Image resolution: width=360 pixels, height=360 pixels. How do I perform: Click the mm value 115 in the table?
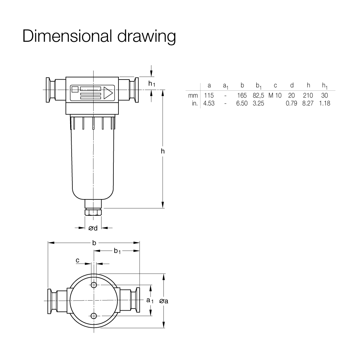[x=209, y=95]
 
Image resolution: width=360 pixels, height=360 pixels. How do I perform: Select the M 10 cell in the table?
[x=275, y=95]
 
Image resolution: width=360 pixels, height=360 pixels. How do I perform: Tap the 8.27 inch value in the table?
[x=308, y=103]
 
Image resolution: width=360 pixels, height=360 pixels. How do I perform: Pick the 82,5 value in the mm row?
[x=258, y=95]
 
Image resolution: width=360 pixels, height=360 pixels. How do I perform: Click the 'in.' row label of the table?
[x=195, y=103]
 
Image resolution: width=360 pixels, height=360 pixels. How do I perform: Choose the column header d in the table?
[x=292, y=85]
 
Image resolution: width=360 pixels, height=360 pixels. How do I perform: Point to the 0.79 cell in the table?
[x=291, y=103]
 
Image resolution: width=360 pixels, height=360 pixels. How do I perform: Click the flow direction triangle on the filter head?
[x=108, y=93]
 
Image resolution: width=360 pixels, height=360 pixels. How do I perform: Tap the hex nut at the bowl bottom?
[x=93, y=212]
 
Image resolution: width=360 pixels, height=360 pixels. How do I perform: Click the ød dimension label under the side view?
[x=93, y=228]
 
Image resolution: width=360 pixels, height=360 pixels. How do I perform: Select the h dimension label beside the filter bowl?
[x=163, y=151]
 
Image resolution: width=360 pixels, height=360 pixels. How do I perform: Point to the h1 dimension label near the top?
[x=152, y=84]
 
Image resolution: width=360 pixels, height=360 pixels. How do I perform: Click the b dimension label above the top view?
[x=94, y=243]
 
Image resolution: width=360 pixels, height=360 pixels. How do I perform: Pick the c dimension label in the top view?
[x=77, y=260]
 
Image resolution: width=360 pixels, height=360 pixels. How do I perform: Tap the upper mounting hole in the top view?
[x=94, y=285]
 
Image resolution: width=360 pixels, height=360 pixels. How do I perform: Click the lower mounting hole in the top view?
[x=94, y=316]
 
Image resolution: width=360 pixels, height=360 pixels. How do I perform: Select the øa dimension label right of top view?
[x=164, y=301]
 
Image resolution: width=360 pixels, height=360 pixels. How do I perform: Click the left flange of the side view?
[x=48, y=90]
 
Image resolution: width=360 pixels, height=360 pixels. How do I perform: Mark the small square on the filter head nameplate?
[x=75, y=89]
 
